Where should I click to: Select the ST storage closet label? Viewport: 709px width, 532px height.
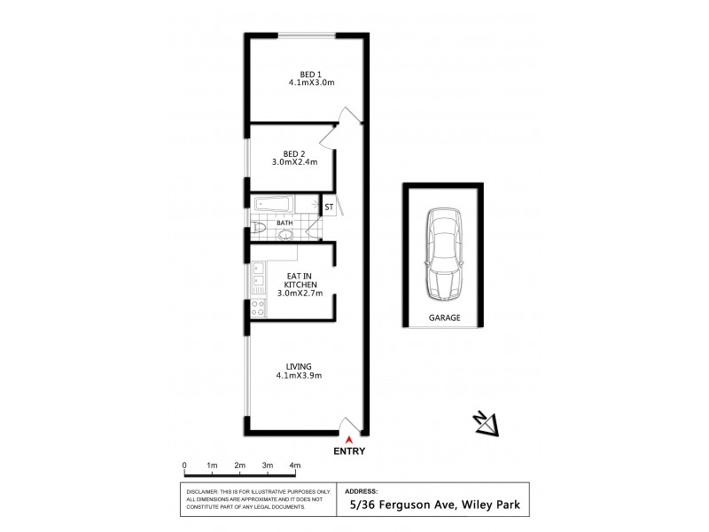(x=329, y=207)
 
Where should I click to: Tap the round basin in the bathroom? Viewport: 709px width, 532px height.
(x=285, y=235)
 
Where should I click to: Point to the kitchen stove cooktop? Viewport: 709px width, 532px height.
(x=257, y=309)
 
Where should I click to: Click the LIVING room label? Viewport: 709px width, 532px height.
(x=299, y=366)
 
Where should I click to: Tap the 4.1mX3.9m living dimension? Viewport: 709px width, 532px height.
(x=298, y=376)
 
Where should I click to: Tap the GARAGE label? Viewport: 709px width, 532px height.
(x=445, y=317)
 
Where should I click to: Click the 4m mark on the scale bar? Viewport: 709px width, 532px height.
(x=294, y=465)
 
